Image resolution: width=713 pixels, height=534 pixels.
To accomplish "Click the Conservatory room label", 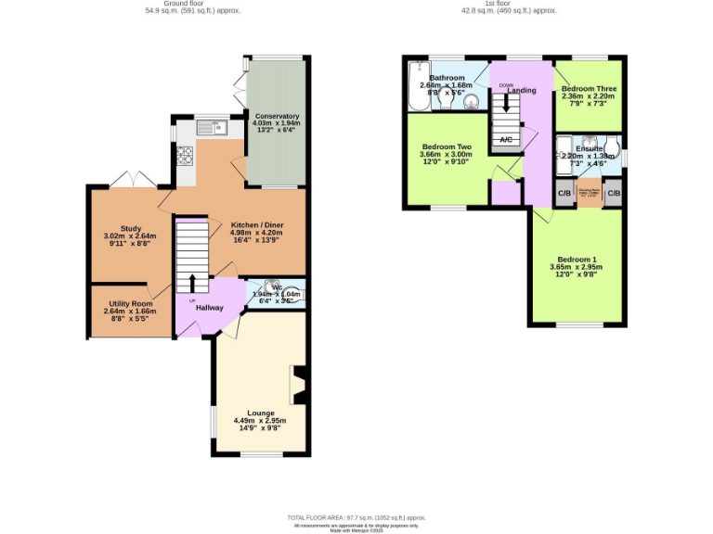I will pyautogui.click(x=276, y=116).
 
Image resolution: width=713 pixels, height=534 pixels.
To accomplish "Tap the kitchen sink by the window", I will pyautogui.click(x=217, y=129).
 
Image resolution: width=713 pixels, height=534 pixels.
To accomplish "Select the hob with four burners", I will pyautogui.click(x=185, y=156).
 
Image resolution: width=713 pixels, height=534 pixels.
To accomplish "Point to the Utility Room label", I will pyautogui.click(x=130, y=302).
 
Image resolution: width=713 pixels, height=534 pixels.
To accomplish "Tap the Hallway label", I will pyautogui.click(x=210, y=307).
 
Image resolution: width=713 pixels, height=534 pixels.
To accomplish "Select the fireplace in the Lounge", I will pyautogui.click(x=299, y=385).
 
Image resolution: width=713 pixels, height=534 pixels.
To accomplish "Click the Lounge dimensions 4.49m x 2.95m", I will pyautogui.click(x=260, y=421).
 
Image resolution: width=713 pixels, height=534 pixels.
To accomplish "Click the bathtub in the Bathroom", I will pyautogui.click(x=417, y=87).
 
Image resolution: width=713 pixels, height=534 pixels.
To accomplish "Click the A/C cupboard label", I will pyautogui.click(x=506, y=139).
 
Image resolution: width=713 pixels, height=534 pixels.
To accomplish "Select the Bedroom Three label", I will pyautogui.click(x=589, y=89).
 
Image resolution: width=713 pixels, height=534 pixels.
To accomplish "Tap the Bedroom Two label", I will pyautogui.click(x=447, y=146).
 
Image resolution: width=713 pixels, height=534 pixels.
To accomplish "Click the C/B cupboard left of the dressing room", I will pyautogui.click(x=564, y=194).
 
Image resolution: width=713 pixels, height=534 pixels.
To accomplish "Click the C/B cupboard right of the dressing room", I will pyautogui.click(x=613, y=194).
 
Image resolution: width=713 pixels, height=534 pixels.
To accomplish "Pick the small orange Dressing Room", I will pyautogui.click(x=589, y=195).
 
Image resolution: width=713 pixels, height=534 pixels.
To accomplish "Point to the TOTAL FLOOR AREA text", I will pyautogui.click(x=356, y=517).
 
